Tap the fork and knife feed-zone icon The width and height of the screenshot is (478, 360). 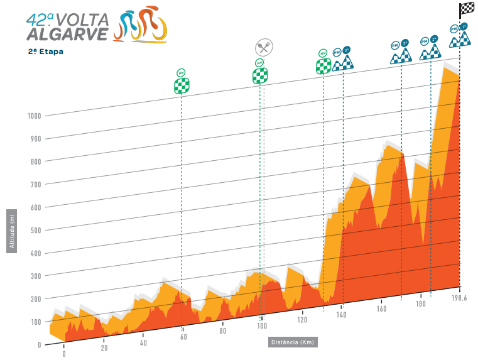pyautogui.click(x=263, y=47)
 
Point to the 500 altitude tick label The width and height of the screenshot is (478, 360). pyautogui.click(x=35, y=230)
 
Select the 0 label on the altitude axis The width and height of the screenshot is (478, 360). pyautogui.click(x=39, y=344)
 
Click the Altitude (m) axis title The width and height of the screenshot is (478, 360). pyautogui.click(x=12, y=230)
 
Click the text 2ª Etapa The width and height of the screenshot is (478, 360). pyautogui.click(x=45, y=52)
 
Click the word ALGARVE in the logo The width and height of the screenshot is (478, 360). pyautogui.click(x=67, y=34)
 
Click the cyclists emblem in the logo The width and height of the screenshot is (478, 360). pyautogui.click(x=141, y=25)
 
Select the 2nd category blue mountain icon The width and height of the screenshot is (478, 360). pyautogui.click(x=429, y=50)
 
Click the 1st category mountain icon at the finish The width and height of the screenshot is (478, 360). pyautogui.click(x=460, y=37)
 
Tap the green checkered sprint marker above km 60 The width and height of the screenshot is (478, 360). pyautogui.click(x=182, y=82)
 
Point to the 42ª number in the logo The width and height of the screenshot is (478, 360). pyautogui.click(x=39, y=18)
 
